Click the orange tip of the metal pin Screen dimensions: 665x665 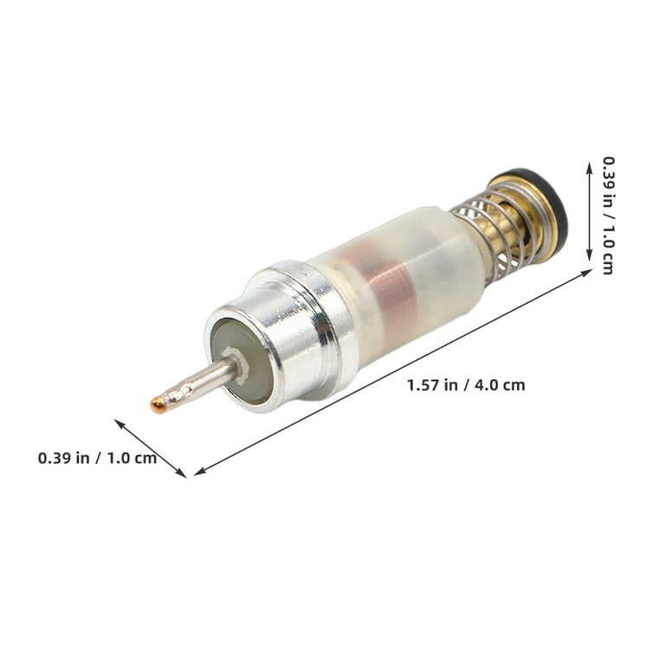158,405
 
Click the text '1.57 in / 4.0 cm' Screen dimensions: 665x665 466,385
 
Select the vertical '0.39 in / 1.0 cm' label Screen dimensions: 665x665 608,216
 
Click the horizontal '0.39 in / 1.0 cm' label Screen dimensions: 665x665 97,458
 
